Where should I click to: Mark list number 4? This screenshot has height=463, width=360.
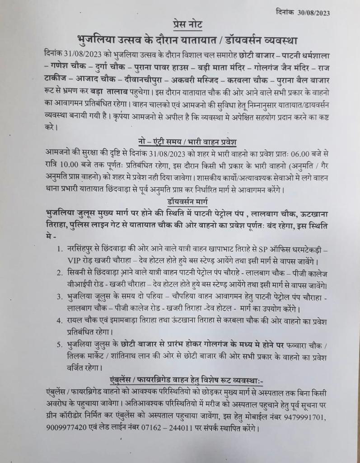pyautogui.click(x=60, y=321)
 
